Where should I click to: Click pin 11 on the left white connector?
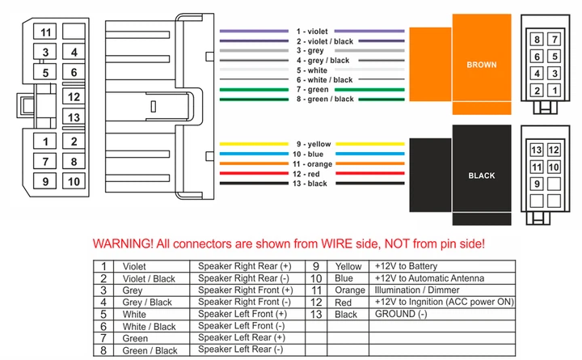[x=45, y=32]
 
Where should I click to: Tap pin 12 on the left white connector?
[x=74, y=96]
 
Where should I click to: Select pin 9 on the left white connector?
[x=45, y=181]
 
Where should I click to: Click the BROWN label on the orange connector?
[x=482, y=65]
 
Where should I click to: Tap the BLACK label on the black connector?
[x=482, y=176]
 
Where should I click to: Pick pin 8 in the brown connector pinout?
[x=537, y=39]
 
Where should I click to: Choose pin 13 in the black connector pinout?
[x=537, y=150]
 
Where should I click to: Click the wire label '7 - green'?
[x=312, y=90]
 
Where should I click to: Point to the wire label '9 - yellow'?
[x=314, y=144]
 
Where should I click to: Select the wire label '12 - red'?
[x=306, y=174]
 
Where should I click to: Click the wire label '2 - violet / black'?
[x=325, y=41]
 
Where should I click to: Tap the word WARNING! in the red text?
[x=123, y=244]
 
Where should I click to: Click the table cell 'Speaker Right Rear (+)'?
[x=245, y=266]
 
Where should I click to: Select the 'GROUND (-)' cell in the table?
[x=401, y=314]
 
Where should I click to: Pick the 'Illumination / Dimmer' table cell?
[x=417, y=290]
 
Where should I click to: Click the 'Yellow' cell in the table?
[x=348, y=266]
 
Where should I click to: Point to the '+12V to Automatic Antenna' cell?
[x=429, y=278]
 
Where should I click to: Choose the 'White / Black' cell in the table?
[x=149, y=327]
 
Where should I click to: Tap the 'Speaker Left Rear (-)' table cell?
[x=241, y=349]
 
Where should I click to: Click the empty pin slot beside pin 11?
[x=74, y=32]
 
